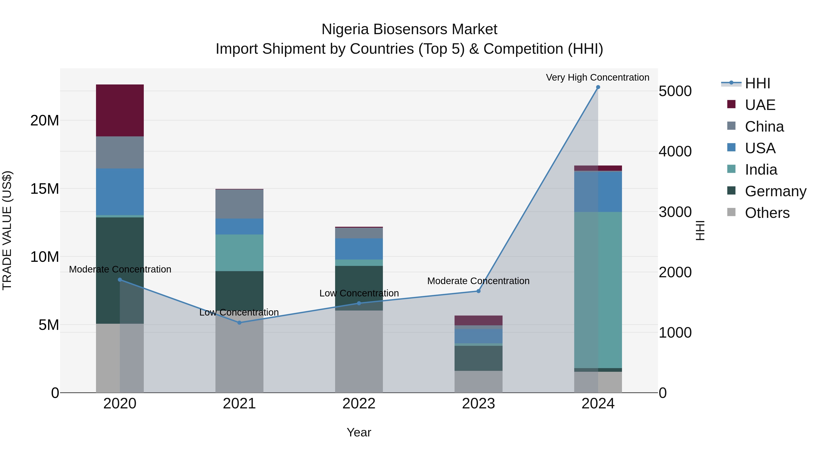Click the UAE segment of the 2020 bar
click(120, 110)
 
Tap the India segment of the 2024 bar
click(598, 290)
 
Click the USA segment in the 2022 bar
click(359, 249)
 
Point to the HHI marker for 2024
click(598, 87)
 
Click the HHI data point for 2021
click(239, 323)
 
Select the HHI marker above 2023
click(478, 291)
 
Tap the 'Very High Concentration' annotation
click(597, 77)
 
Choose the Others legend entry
click(767, 213)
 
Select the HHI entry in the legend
click(757, 83)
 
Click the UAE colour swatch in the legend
click(731, 104)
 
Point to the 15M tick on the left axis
click(45, 189)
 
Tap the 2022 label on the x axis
click(359, 404)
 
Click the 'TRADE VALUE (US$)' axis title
click(7, 230)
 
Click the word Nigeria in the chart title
click(345, 29)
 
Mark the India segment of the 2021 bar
click(239, 253)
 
